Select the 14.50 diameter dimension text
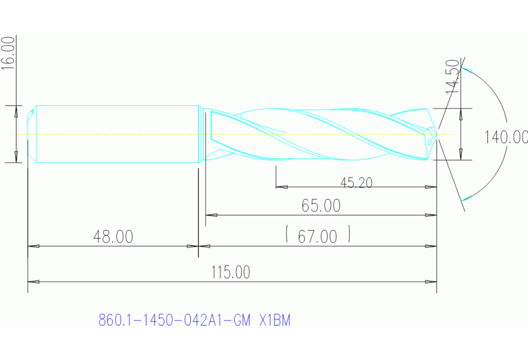pos(452,77)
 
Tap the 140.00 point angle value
pos(505,137)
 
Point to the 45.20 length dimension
pos(356,182)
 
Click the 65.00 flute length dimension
pos(320,205)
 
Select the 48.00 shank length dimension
pos(113,237)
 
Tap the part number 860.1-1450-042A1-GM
pos(175,320)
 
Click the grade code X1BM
pos(275,320)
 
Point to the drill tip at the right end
pos(433,134)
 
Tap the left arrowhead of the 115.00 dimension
pos(32,282)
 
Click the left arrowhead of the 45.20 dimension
pos(279,187)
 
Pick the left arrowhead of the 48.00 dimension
pos(32,246)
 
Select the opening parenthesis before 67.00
pos(286,235)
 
